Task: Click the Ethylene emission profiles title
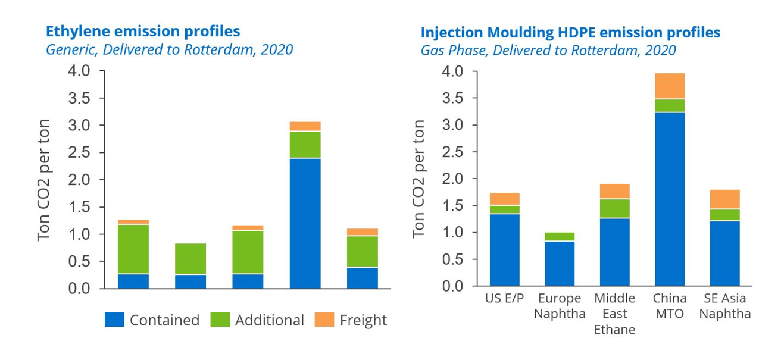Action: [143, 31]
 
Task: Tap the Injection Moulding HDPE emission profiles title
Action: [570, 32]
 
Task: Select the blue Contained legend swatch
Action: [114, 320]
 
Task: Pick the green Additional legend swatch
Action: [220, 320]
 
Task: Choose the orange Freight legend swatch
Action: [325, 320]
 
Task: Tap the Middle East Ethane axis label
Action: [614, 314]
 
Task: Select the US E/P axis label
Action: [504, 298]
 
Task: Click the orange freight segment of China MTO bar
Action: [670, 86]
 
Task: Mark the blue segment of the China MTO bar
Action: [670, 199]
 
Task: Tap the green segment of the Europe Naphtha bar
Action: [560, 237]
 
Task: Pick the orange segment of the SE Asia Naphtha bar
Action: [724, 199]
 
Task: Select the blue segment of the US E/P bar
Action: [504, 250]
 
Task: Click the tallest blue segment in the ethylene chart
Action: [305, 223]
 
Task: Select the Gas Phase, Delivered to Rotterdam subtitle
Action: [548, 50]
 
